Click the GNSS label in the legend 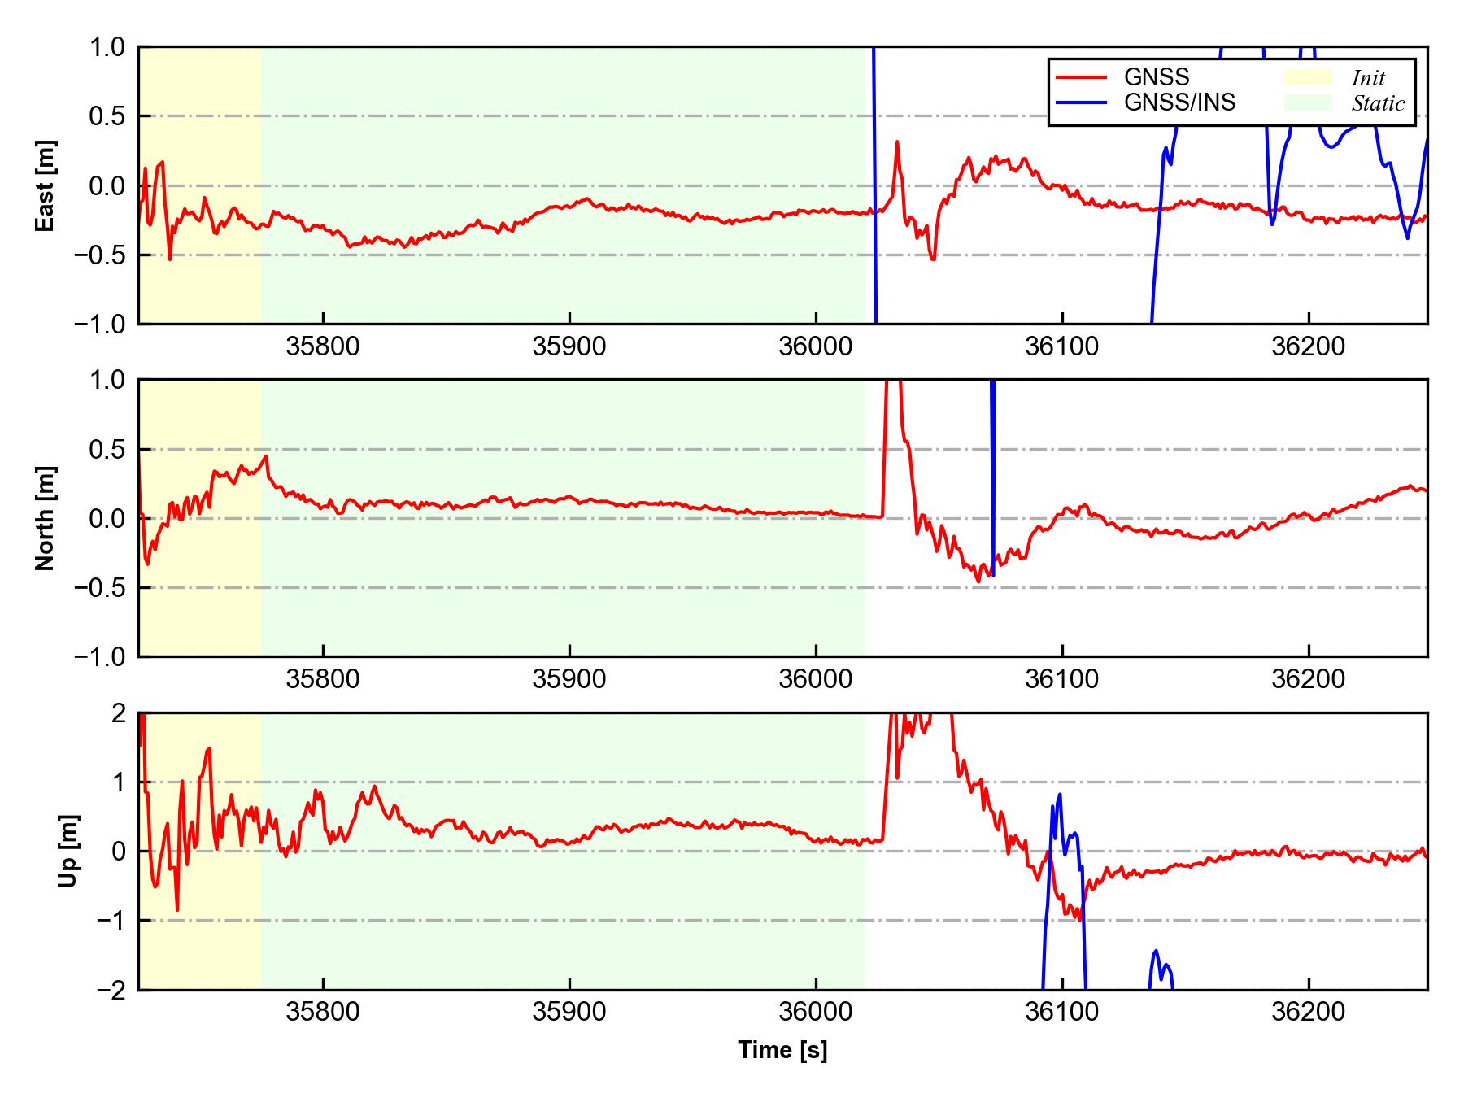point(1156,77)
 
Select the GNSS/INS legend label point(1179,102)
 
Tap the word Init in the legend point(1368,78)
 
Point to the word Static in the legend point(1378,103)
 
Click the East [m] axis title point(46,185)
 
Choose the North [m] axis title point(46,518)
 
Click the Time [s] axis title point(782,1050)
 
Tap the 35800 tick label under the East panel point(323,347)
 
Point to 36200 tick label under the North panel point(1308,679)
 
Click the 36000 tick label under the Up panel point(816,1013)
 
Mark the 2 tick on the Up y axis point(119,713)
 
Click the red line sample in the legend point(1081,77)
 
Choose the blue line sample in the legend point(1081,102)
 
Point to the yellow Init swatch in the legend point(1308,77)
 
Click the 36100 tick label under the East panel point(1061,347)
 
